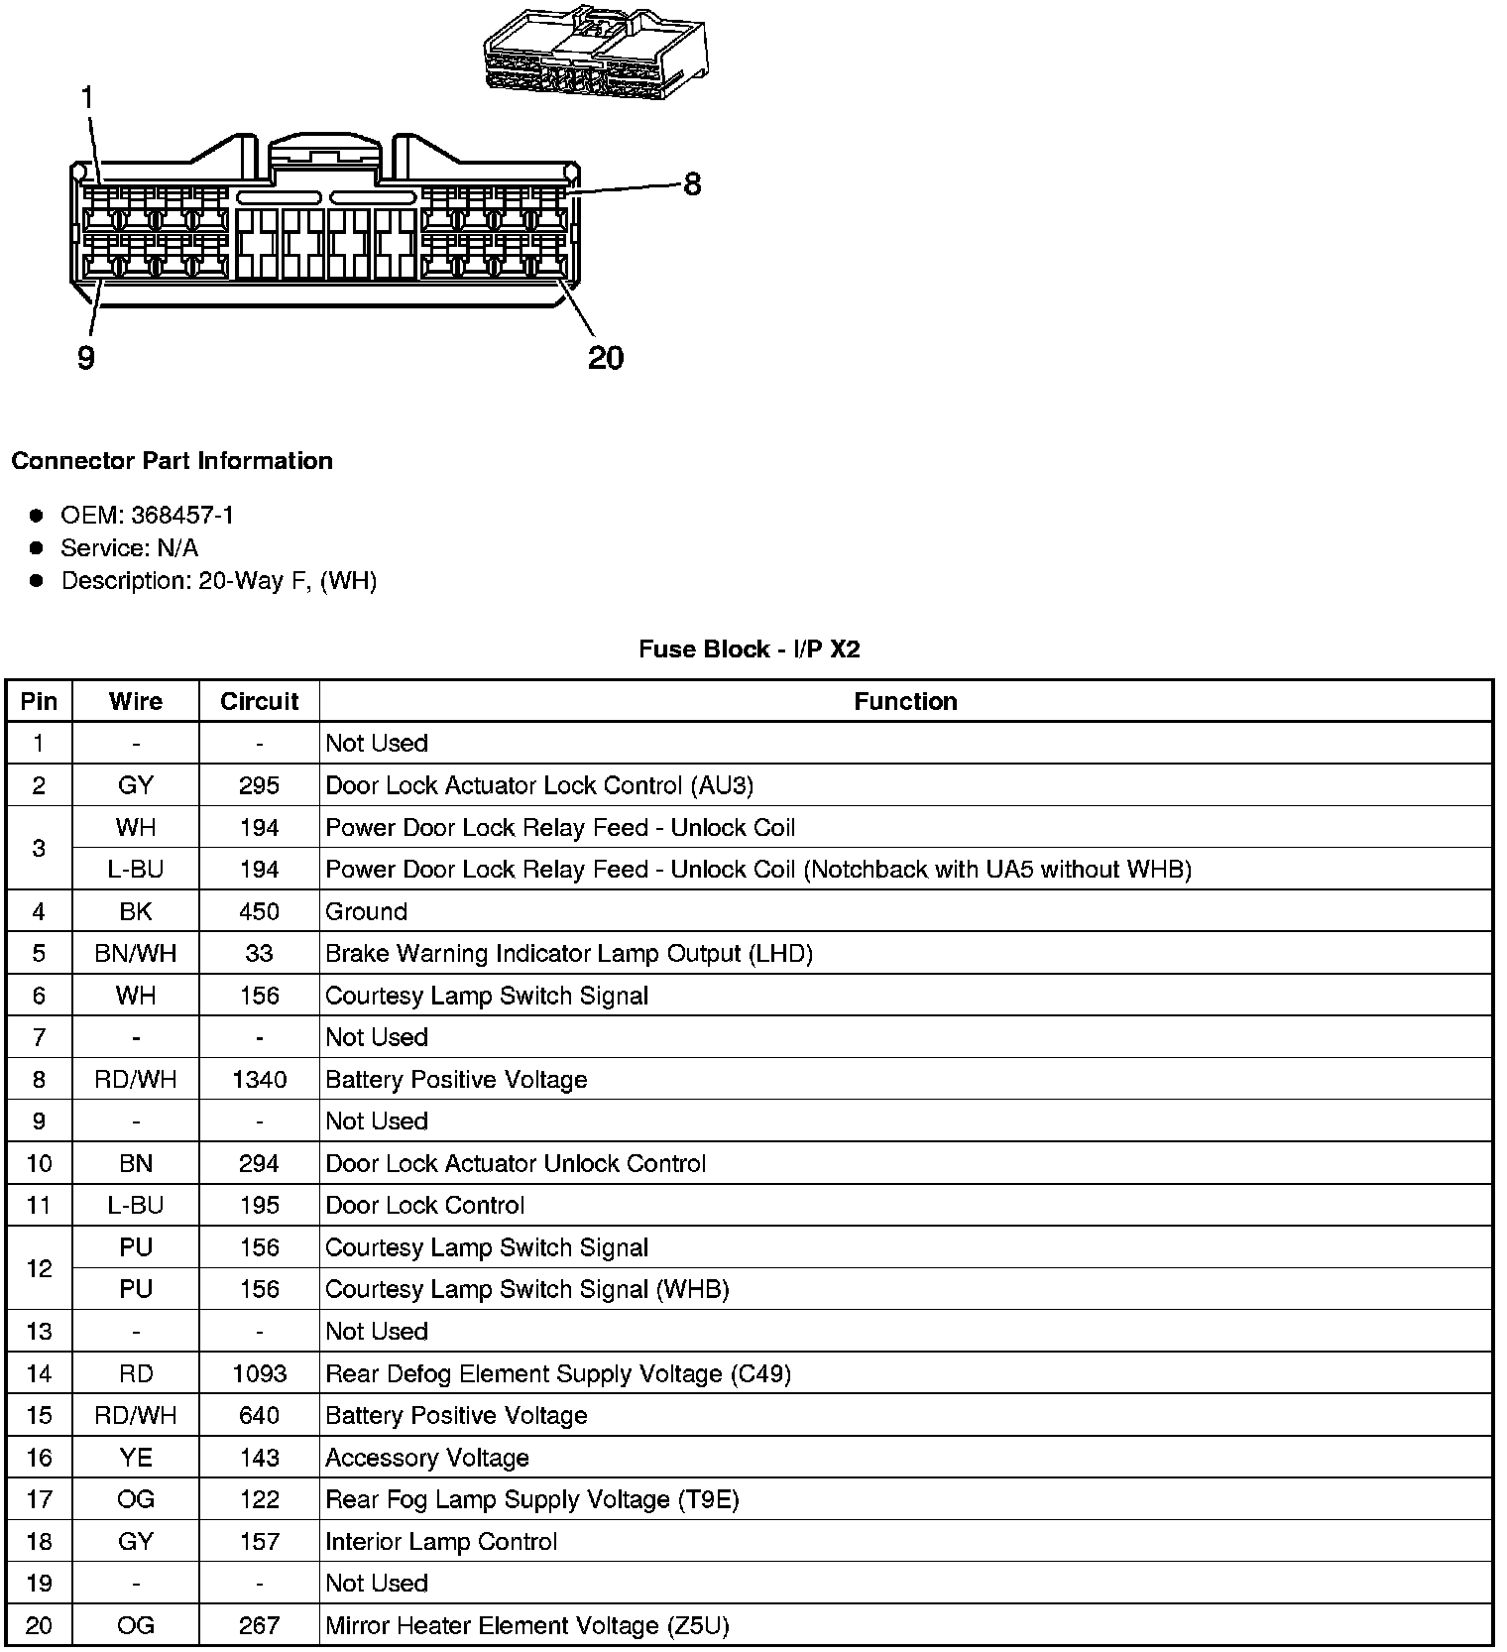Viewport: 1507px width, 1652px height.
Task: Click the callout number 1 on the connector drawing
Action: (x=87, y=98)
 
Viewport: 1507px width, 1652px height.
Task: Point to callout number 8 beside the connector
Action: (x=692, y=184)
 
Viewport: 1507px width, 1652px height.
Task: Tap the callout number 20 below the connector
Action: (x=606, y=358)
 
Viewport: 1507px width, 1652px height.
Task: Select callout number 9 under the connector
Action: (x=86, y=358)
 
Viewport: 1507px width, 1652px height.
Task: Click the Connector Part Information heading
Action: (x=172, y=461)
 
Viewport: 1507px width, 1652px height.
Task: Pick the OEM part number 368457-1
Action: (x=182, y=516)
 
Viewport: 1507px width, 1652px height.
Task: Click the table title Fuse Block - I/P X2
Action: (x=750, y=649)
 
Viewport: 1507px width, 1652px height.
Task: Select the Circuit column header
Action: (x=259, y=702)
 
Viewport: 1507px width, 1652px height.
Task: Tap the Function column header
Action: (x=905, y=702)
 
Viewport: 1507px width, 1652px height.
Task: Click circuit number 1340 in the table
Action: (x=259, y=1080)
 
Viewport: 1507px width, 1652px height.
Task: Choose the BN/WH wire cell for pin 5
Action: (x=136, y=954)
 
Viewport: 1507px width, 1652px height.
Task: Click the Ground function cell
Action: (x=367, y=912)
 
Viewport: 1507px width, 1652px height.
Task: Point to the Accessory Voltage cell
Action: (x=427, y=1459)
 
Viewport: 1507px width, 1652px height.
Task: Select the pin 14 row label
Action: (x=39, y=1374)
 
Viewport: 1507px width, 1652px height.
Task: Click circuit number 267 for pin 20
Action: (x=259, y=1626)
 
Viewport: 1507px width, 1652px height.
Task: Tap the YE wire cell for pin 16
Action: (x=136, y=1459)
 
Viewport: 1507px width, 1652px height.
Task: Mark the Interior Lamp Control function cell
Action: (x=441, y=1542)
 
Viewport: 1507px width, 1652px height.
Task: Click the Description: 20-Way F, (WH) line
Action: (x=219, y=581)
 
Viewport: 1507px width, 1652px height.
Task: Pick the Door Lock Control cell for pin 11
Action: (x=425, y=1206)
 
